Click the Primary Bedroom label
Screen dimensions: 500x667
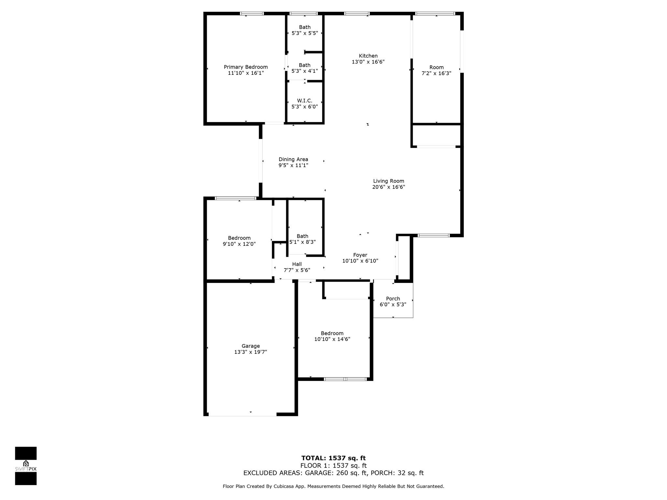pyautogui.click(x=246, y=67)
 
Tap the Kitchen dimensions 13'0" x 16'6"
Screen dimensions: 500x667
pyautogui.click(x=368, y=62)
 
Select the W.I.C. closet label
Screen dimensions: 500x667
pyautogui.click(x=305, y=101)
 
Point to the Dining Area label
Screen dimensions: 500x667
pyautogui.click(x=293, y=159)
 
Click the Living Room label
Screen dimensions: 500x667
pyautogui.click(x=389, y=181)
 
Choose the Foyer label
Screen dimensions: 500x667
pyautogui.click(x=360, y=255)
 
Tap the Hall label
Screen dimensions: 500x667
pyautogui.click(x=297, y=264)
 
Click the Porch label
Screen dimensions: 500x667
pyautogui.click(x=393, y=299)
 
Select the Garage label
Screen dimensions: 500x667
pyautogui.click(x=250, y=346)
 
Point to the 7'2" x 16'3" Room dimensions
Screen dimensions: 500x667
pyautogui.click(x=436, y=74)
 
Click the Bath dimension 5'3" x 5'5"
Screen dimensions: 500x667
pyautogui.click(x=305, y=33)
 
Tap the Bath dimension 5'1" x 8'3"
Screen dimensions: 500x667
pyautogui.click(x=303, y=242)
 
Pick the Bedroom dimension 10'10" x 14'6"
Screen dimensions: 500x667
pyautogui.click(x=332, y=339)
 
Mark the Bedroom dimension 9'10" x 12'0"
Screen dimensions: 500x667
pyautogui.click(x=239, y=244)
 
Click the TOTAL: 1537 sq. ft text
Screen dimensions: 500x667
pyautogui.click(x=333, y=458)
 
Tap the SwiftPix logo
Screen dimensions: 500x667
pyautogui.click(x=26, y=465)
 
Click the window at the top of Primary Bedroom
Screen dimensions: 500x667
pyautogui.click(x=252, y=14)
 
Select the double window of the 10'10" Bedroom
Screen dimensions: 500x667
pyautogui.click(x=345, y=379)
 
